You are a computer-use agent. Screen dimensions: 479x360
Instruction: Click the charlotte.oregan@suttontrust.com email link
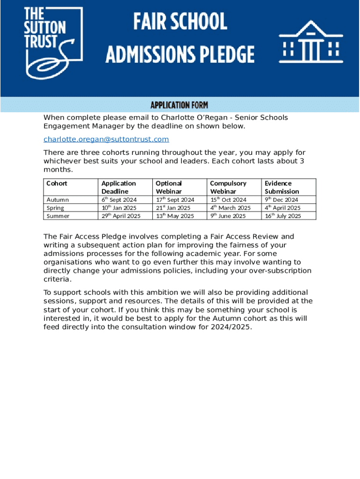tap(106, 139)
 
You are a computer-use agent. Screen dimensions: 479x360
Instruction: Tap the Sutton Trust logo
tap(53, 42)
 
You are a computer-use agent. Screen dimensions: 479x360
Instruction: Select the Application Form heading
tap(180, 105)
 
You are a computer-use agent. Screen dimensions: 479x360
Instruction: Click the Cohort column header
tap(57, 183)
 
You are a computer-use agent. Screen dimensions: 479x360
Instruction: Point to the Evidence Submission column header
tap(282, 187)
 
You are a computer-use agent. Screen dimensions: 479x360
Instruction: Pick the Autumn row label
tap(58, 200)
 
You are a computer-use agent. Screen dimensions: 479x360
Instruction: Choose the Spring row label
tap(56, 208)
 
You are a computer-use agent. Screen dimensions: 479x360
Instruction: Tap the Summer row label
tap(58, 216)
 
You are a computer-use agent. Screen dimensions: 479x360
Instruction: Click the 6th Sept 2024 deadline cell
tap(119, 200)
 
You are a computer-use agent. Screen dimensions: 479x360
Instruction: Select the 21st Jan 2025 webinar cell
tap(173, 208)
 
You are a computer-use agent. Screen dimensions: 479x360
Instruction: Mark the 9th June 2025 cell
tap(228, 216)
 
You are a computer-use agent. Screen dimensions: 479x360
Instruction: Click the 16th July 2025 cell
tap(283, 216)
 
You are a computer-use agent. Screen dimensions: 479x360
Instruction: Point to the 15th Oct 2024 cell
tap(228, 200)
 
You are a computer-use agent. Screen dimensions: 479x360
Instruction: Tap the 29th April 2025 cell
tap(121, 216)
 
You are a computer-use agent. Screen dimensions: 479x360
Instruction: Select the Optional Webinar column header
tap(169, 187)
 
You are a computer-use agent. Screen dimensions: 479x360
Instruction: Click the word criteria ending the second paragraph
tap(58, 279)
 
